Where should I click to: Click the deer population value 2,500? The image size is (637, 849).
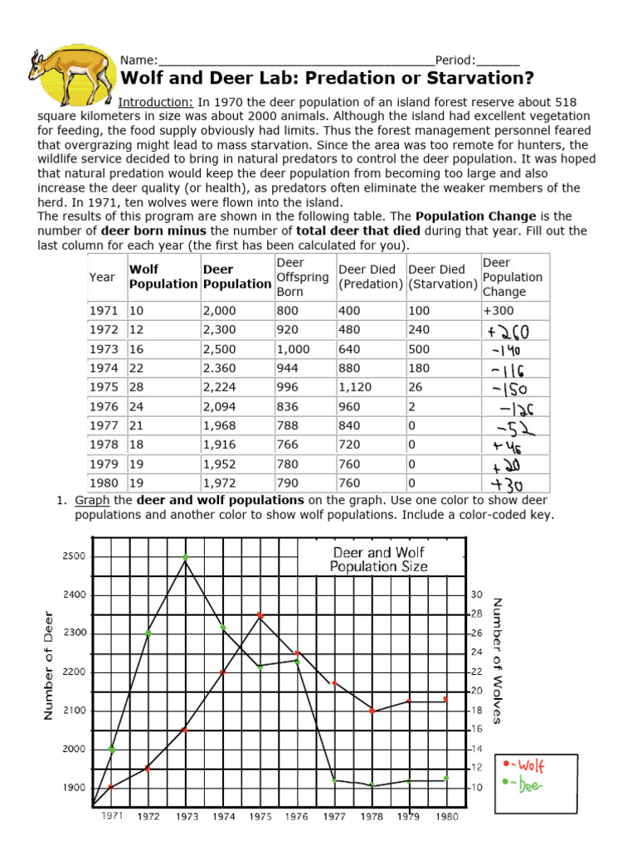(x=220, y=349)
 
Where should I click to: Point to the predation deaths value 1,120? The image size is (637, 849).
(x=355, y=387)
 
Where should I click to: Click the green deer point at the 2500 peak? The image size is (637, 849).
(x=186, y=557)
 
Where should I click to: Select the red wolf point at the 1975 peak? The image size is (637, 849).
(x=260, y=615)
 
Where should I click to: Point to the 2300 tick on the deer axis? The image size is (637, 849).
(x=73, y=633)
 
